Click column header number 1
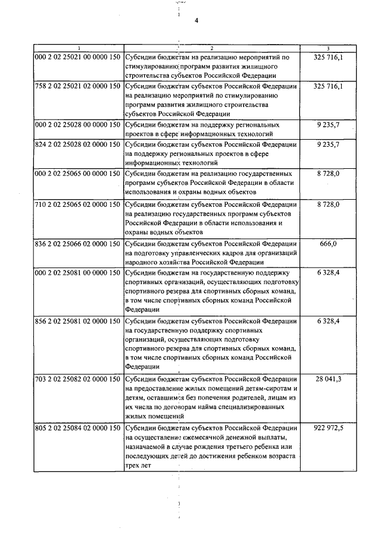[x=77, y=48]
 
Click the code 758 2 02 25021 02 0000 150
[x=78, y=87]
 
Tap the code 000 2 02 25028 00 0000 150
[x=78, y=125]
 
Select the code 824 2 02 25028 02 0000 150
[x=78, y=144]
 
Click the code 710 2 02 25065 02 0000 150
[x=78, y=204]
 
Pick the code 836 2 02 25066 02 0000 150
[x=78, y=243]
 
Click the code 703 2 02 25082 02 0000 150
[x=78, y=379]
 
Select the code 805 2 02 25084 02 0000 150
[x=78, y=427]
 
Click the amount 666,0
[x=328, y=243]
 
